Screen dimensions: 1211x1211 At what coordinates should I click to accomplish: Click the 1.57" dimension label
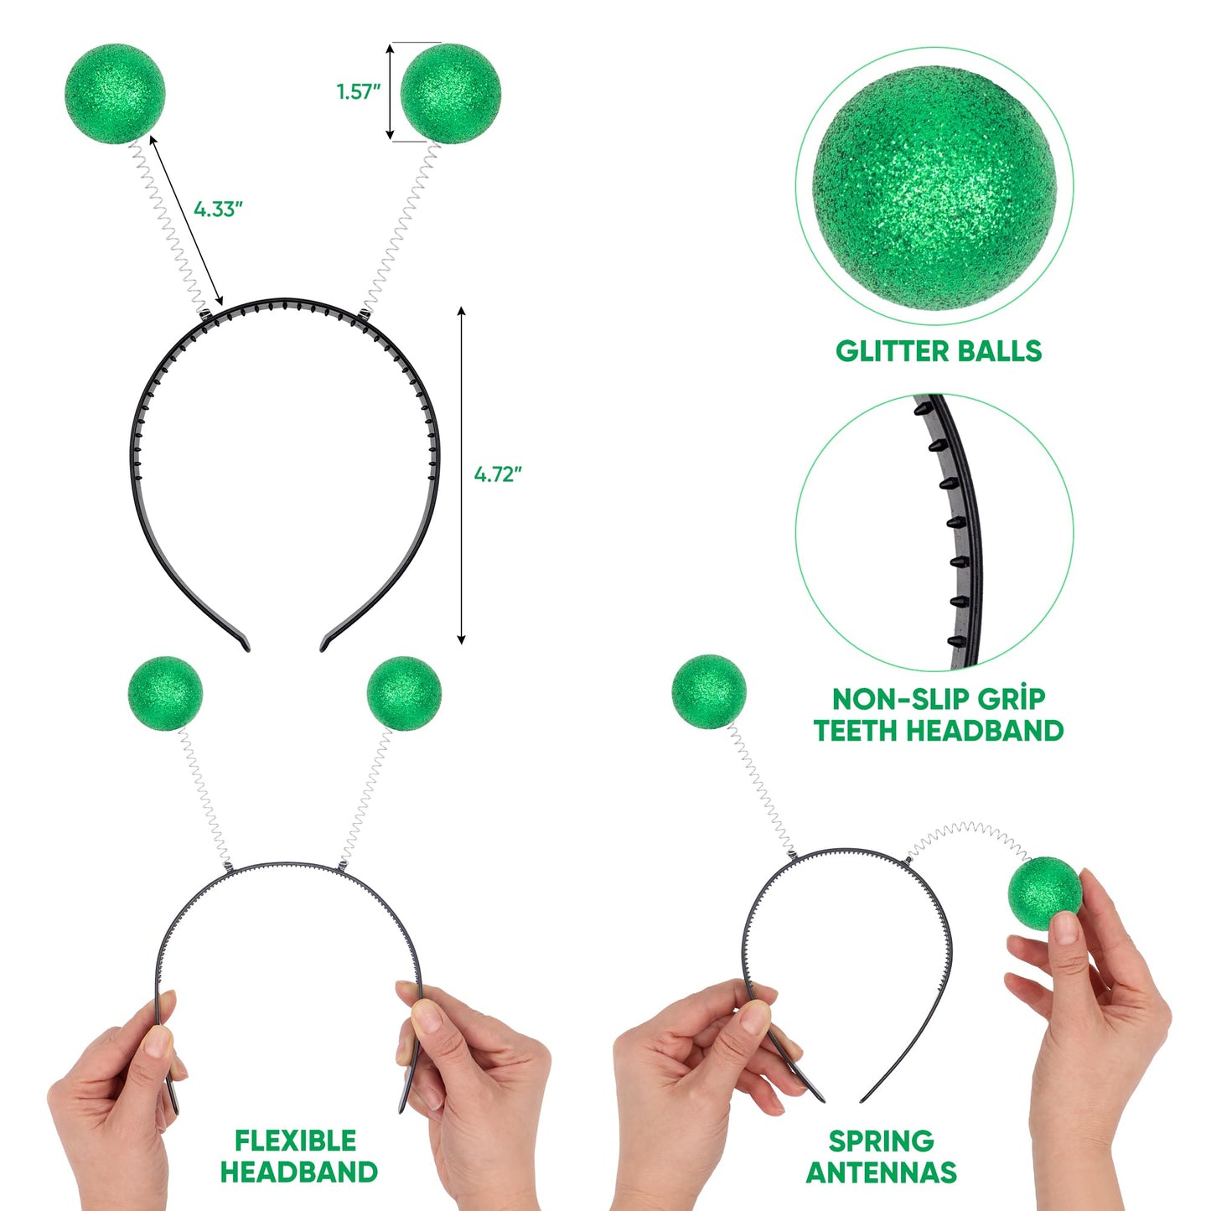359,91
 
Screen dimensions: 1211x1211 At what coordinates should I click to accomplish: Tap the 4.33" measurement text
218,209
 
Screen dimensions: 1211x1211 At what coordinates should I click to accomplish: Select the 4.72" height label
498,474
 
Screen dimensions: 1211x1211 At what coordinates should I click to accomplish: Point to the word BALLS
1000,351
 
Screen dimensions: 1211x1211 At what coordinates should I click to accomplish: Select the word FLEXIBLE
295,1141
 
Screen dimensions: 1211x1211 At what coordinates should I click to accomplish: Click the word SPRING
881,1141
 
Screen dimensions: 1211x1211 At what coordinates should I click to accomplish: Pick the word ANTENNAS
881,1172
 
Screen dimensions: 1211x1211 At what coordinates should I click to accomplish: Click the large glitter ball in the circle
934,186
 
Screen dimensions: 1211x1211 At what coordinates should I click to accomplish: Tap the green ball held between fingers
1044,893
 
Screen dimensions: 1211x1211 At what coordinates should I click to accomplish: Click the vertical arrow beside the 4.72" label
461,475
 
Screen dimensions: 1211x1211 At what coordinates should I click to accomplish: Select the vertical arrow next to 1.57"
390,91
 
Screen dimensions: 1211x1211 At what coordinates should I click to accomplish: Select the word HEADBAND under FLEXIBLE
298,1172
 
